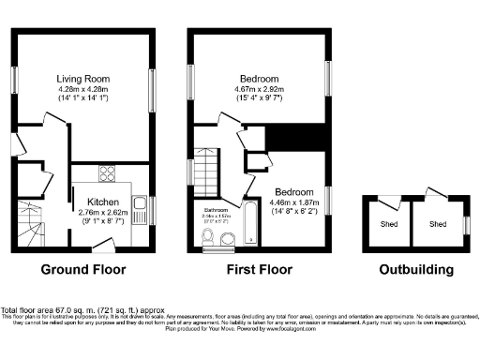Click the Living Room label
point(84,79)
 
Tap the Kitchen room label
point(102,202)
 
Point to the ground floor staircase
point(32,226)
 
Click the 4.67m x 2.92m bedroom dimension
point(259,90)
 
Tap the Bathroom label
point(217,211)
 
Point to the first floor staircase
point(205,167)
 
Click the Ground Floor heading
point(82,270)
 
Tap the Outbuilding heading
point(416,270)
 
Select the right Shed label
point(438,224)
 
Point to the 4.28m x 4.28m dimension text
point(84,90)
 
